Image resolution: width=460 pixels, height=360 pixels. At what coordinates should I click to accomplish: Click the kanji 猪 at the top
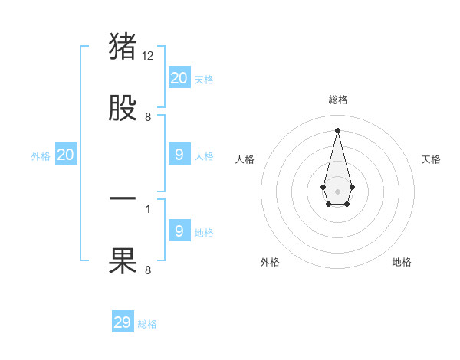[123, 46]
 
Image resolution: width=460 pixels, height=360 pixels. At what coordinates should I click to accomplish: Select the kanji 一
[123, 198]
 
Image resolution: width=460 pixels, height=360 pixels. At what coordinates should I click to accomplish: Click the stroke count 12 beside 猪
[149, 56]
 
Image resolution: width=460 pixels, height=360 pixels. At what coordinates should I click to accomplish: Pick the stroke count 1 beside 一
[148, 208]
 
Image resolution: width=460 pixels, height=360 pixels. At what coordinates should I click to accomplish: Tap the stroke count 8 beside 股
[148, 117]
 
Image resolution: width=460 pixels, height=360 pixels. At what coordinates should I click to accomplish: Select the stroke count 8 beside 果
[148, 270]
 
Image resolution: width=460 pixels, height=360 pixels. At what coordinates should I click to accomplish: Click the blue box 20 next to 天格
[179, 77]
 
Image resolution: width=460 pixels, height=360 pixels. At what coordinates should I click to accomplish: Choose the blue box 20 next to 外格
[65, 155]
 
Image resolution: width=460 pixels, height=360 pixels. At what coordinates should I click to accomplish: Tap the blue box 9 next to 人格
[179, 155]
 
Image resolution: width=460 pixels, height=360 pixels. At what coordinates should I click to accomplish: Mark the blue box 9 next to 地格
[179, 231]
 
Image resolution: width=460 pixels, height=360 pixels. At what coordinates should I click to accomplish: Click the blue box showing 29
[123, 322]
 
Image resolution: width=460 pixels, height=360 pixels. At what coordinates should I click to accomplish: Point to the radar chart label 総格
[337, 100]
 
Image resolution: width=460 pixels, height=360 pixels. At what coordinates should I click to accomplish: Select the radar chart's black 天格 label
[431, 159]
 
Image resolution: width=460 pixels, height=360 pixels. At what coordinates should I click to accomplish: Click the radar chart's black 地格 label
[402, 262]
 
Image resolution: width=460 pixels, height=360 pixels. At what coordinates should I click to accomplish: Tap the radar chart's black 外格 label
[270, 262]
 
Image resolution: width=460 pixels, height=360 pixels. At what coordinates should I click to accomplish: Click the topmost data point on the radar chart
[337, 129]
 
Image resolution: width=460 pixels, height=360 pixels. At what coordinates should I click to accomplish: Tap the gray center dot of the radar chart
[337, 190]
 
